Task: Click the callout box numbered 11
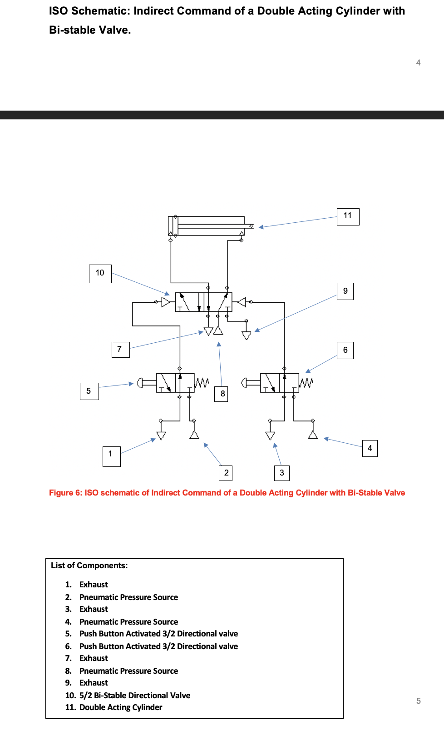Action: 348,216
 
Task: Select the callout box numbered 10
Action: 100,273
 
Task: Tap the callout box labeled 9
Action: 345,291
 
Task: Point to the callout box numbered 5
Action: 89,391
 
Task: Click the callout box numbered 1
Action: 111,456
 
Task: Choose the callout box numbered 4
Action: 370,448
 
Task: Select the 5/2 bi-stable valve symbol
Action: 203,302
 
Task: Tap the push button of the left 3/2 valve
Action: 140,383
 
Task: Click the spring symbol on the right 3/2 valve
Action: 306,383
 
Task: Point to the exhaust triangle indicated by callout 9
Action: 247,335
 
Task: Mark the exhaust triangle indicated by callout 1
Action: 161,436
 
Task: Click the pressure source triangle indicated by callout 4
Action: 313,435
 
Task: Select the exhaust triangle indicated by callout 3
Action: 270,436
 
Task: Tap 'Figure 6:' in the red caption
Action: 65,493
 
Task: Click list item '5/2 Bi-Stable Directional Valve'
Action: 134,695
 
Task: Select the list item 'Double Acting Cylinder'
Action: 121,707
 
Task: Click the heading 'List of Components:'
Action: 89,566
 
